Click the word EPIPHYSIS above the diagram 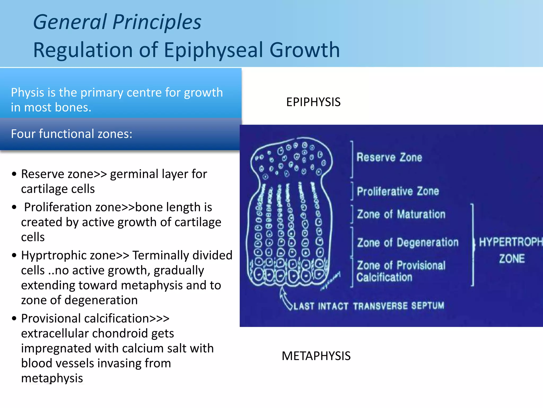313,102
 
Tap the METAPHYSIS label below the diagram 316,356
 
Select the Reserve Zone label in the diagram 389,157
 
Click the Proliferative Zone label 398,191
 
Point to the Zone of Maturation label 401,214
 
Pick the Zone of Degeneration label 408,243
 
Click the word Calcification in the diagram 384,277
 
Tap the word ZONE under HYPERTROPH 512,259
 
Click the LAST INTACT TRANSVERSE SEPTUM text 369,306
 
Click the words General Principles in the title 117,22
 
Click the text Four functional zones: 72,134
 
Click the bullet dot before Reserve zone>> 14,174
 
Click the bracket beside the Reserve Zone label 352,159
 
